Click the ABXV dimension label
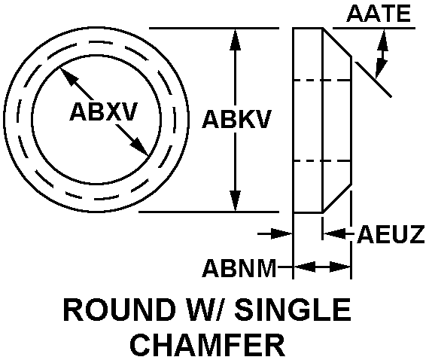[x=103, y=111]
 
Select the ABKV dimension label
[x=236, y=119]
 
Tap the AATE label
[x=379, y=13]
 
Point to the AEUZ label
[x=391, y=234]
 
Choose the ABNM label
[x=239, y=268]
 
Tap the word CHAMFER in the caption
[x=208, y=344]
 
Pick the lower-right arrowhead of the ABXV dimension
[x=140, y=147]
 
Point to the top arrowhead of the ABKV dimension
[x=236, y=39]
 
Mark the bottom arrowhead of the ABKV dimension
[x=236, y=200]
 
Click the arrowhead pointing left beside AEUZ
[x=333, y=233]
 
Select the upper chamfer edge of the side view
[x=337, y=42]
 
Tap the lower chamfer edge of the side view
[x=337, y=197]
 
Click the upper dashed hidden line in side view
[x=322, y=81]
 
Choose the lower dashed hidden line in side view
[x=322, y=161]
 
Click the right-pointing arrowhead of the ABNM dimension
[x=340, y=267]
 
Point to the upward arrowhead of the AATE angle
[x=383, y=40]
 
